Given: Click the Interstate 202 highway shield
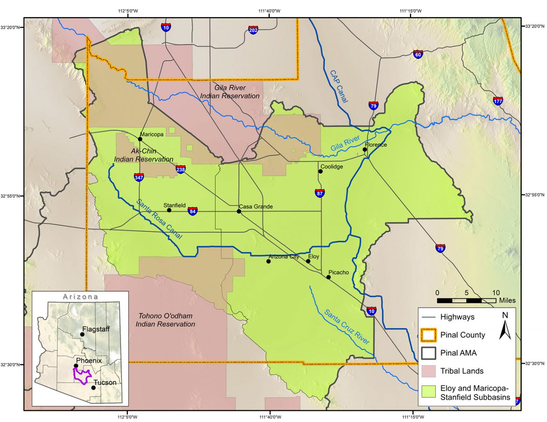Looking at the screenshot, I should [253, 30].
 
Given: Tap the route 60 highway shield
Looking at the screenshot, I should [418, 54].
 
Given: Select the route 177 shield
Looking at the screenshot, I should [498, 101].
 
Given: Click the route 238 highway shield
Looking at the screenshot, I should [181, 169].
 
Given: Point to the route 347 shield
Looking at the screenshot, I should [139, 177].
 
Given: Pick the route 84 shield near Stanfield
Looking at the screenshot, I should [193, 211].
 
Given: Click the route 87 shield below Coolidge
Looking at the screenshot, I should [320, 193].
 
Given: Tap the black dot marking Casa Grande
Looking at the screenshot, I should [239, 211].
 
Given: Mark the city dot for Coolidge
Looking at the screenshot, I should [321, 171].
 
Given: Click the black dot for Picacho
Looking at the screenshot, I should [328, 277].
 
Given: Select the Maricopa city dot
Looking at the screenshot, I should [140, 139].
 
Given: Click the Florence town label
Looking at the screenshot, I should [376, 145].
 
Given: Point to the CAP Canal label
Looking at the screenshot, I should [339, 87].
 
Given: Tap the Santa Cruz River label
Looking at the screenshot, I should [347, 327].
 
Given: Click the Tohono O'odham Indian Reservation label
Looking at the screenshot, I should [165, 320].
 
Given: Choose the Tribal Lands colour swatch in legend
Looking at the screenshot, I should [428, 371].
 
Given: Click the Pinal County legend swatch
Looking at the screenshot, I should [428, 335].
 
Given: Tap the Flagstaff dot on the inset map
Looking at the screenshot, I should [82, 334].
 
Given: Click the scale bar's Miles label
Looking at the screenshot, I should [507, 300].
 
